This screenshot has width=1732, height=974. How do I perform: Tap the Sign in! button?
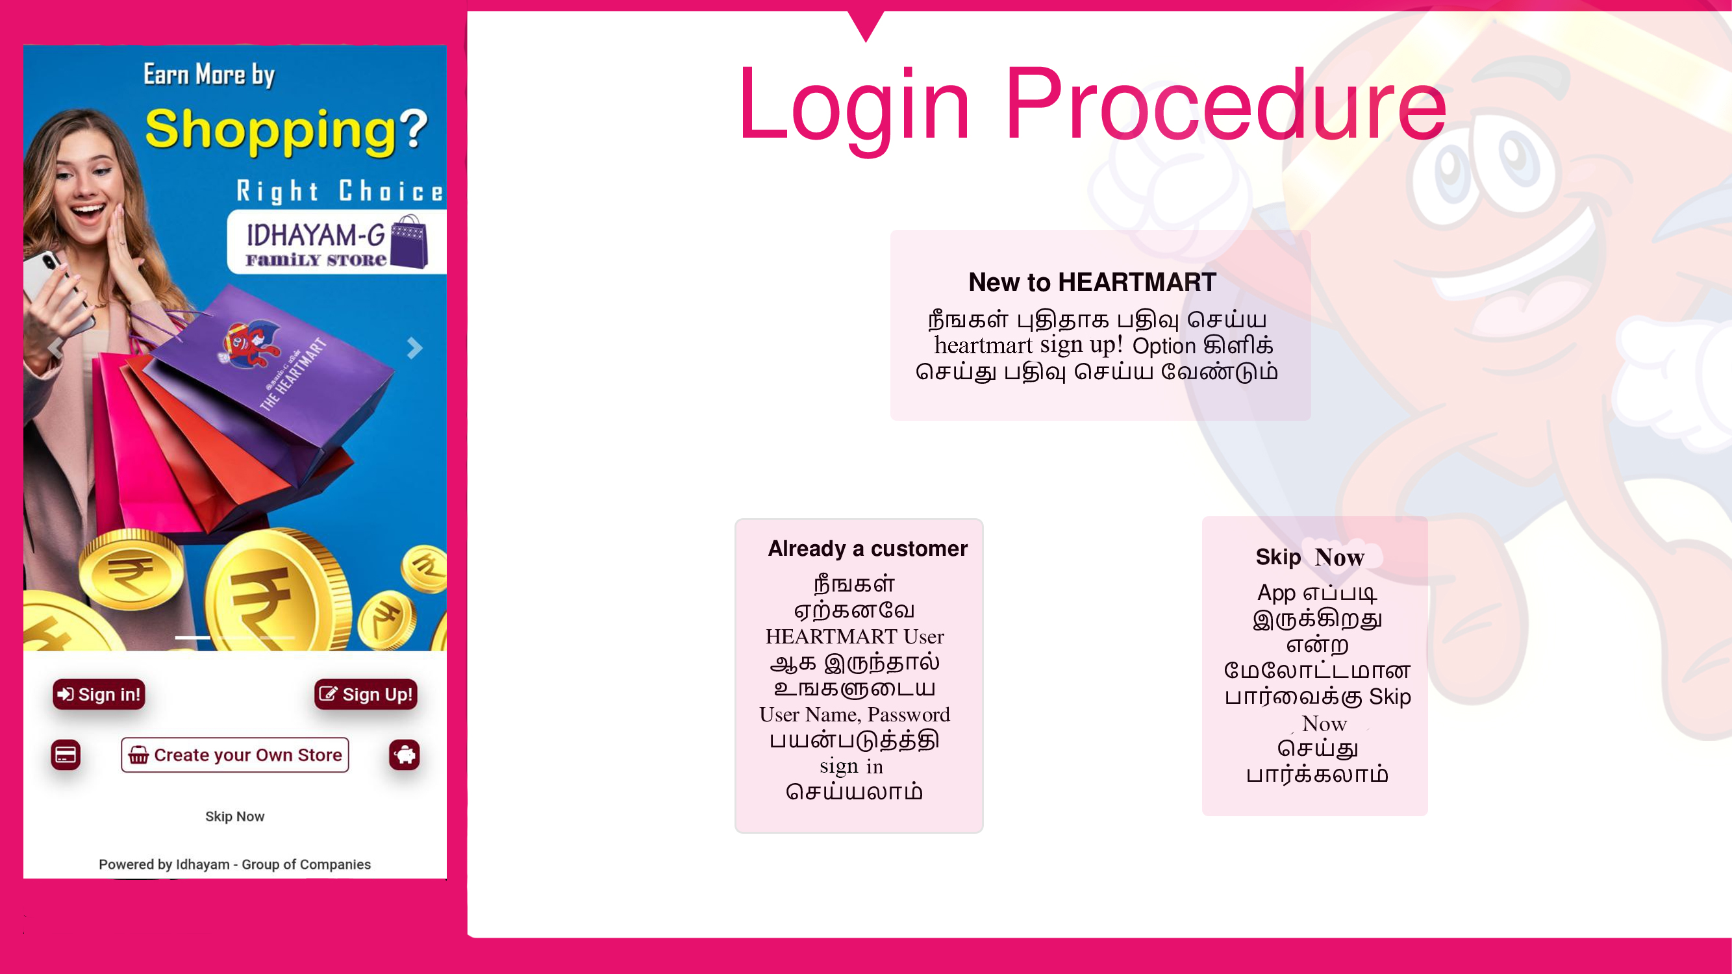(99, 694)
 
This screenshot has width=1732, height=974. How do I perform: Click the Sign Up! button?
(366, 694)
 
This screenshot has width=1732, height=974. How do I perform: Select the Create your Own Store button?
(234, 755)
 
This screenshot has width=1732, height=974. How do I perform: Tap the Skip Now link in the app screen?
(234, 816)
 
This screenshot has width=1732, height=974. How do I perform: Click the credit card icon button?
(66, 755)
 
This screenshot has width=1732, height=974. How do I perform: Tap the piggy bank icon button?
(404, 755)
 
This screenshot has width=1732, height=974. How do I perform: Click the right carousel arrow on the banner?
(415, 347)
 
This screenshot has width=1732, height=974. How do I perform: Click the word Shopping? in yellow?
(286, 131)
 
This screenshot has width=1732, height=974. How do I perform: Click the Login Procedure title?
(1092, 106)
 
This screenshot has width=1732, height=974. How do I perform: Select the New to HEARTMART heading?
(1092, 282)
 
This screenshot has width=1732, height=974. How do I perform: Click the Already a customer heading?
(868, 549)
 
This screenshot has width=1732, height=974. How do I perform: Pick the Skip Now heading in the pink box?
(1310, 557)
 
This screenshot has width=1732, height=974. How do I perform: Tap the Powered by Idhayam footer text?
(234, 864)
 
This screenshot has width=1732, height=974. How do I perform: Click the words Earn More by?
(209, 74)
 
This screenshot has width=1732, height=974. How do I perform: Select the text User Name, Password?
(855, 714)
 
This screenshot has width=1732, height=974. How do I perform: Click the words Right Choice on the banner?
(340, 192)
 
